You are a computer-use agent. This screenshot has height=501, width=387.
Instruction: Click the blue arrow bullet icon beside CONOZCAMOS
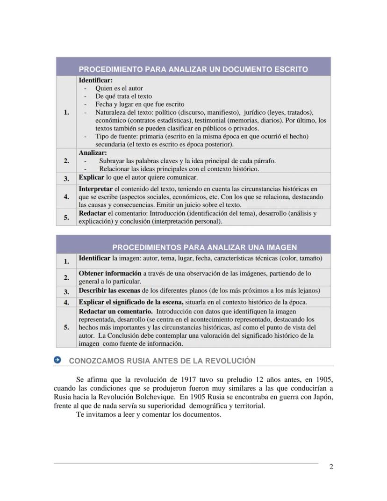pos(57,360)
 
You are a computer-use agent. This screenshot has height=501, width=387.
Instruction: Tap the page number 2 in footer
pos(331,466)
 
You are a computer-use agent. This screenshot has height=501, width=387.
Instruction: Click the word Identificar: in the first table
pos(95,80)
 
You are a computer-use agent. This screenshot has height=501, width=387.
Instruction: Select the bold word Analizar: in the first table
pos(93,153)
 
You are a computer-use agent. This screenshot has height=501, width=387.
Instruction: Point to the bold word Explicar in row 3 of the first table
pos(91,178)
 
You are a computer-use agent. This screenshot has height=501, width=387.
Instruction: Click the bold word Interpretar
pos(95,189)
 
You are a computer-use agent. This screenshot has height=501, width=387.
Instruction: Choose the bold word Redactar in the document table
pos(93,213)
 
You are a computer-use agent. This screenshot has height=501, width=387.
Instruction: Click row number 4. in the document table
pos(66,197)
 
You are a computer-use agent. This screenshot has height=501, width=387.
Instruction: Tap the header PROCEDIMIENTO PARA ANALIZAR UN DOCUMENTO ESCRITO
pos(193,69)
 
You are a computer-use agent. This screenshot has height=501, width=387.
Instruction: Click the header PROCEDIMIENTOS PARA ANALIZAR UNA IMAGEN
pos(204,247)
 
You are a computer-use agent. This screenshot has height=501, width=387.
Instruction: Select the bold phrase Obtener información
pos(110,273)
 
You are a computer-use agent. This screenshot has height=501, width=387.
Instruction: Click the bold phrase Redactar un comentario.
pos(115,311)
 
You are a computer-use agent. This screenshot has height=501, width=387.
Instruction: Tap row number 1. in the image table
pos(66,261)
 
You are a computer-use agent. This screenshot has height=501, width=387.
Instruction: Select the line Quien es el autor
pos(119,88)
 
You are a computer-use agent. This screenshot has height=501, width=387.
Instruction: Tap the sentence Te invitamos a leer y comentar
pos(148,414)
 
